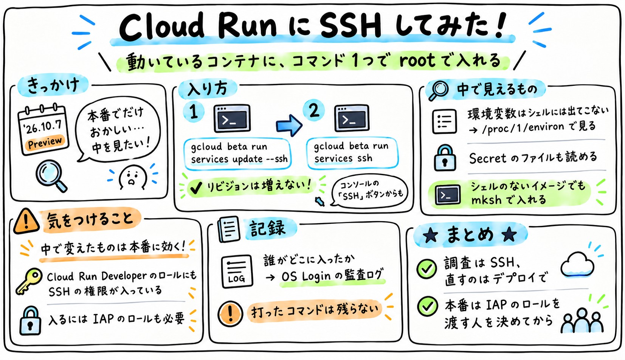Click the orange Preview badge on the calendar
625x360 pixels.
[45, 143]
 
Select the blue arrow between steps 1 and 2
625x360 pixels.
[289, 125]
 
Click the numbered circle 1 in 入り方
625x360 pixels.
[194, 112]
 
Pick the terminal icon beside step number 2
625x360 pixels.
[352, 118]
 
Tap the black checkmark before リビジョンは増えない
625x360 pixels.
[196, 188]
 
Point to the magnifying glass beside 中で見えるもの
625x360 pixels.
[439, 90]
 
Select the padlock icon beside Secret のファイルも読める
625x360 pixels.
[445, 158]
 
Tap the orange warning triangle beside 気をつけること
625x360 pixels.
[26, 221]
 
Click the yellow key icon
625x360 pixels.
[29, 281]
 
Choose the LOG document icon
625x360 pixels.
[237, 271]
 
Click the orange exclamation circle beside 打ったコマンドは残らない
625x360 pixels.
[231, 313]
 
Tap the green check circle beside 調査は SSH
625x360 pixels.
[426, 268]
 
